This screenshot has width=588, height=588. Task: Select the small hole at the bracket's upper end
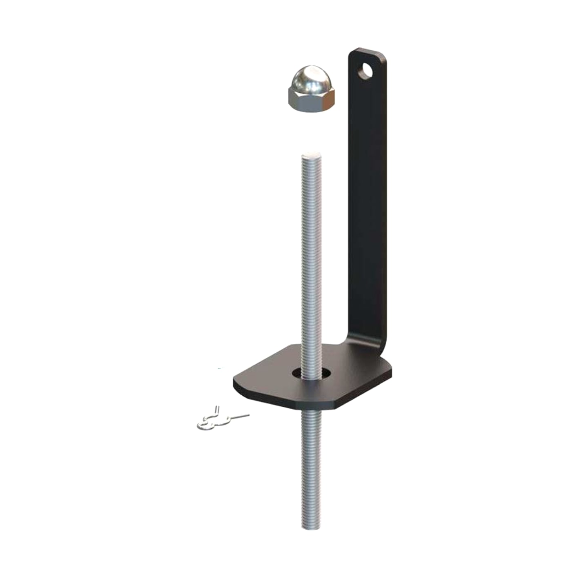(366, 70)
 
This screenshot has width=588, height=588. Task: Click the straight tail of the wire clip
(239, 416)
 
